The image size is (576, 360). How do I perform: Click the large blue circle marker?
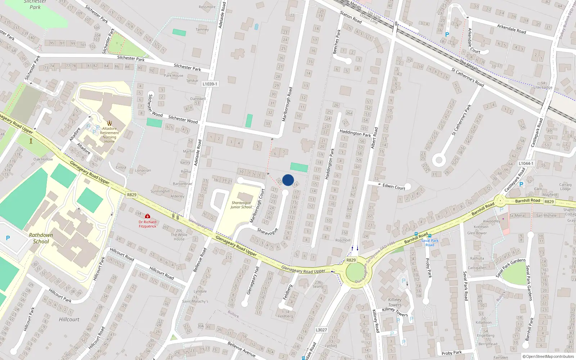point(288,180)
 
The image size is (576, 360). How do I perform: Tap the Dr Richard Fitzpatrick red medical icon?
point(147,216)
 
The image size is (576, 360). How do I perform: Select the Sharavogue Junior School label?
point(241,205)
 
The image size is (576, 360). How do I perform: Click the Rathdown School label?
point(41,238)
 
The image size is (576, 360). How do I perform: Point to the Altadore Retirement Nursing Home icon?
point(109,123)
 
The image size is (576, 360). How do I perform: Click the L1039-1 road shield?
point(210,84)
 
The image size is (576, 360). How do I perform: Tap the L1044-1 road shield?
point(526,163)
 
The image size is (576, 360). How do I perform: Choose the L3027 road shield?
point(321,330)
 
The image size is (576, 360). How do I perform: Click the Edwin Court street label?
point(394,186)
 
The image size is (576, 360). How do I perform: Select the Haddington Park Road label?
point(355,133)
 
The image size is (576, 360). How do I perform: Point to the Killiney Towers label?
point(395,302)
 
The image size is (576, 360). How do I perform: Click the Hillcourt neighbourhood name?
point(69,319)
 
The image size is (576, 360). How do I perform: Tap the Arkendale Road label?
point(511,29)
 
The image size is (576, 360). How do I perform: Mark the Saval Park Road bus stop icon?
point(430,236)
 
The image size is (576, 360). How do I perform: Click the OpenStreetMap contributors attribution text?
point(548,356)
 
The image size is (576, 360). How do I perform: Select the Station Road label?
point(351,17)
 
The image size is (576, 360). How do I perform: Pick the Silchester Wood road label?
point(183,119)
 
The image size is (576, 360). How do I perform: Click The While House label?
point(179,235)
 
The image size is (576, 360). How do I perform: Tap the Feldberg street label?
point(287,292)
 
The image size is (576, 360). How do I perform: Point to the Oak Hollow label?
point(43,159)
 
